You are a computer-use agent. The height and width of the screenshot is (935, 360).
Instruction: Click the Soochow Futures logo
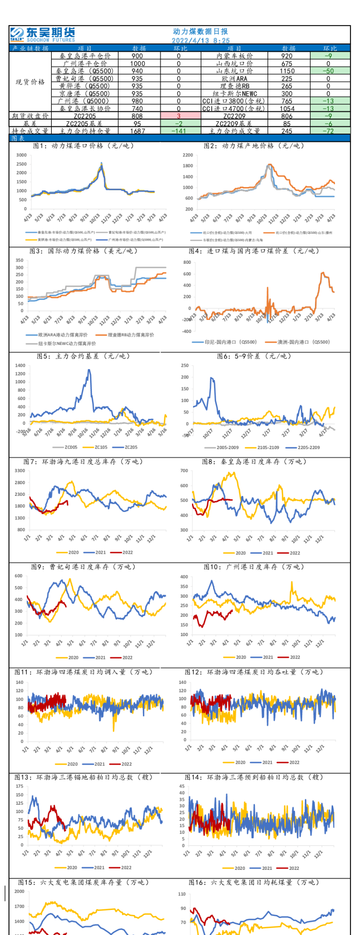coord(42,35)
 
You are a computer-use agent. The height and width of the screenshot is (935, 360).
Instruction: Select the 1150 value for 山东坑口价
coord(287,71)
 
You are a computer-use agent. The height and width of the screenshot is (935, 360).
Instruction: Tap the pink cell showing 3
coord(179,116)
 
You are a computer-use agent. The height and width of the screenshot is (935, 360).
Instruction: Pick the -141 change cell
coord(179,131)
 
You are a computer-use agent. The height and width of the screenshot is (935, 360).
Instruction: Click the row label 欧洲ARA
coord(234,79)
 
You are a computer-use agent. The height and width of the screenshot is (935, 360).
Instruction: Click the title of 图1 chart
coord(83,146)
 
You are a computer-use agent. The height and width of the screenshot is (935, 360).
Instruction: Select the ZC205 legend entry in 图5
coord(130,447)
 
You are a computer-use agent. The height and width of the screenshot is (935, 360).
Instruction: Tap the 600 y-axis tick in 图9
coord(19,576)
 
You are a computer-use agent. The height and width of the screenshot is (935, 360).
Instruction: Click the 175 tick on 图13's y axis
coord(19,786)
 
